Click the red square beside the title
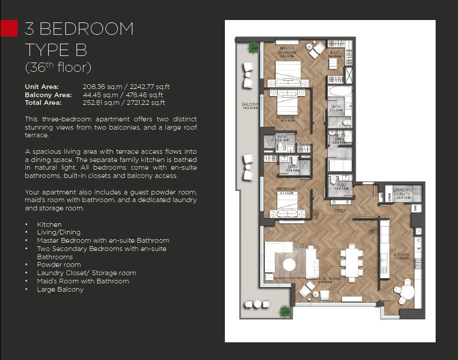click(x=9, y=28)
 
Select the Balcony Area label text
click(x=46, y=94)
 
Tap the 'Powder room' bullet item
click(x=59, y=265)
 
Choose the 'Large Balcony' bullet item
click(x=60, y=289)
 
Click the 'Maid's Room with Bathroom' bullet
click(x=82, y=281)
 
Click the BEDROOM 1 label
click(x=288, y=190)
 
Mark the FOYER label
click(x=340, y=209)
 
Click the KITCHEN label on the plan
click(x=401, y=256)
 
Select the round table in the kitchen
click(x=404, y=290)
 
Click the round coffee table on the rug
click(x=290, y=265)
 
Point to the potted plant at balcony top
click(x=253, y=48)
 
